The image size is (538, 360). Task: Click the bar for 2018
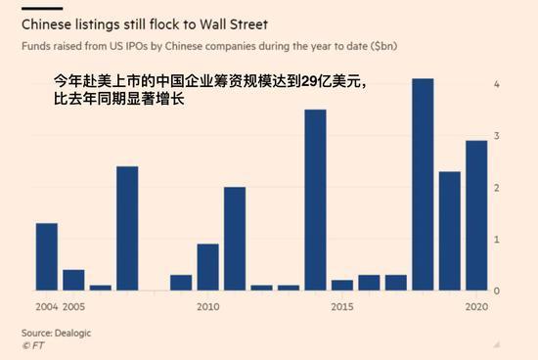click(423, 185)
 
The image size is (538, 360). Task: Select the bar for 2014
click(315, 200)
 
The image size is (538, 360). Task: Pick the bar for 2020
click(476, 215)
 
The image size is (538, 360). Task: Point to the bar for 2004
click(47, 256)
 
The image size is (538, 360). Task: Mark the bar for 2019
click(449, 231)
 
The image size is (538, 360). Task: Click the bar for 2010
click(207, 267)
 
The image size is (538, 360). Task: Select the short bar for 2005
click(73, 280)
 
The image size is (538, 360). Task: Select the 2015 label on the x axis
click(341, 306)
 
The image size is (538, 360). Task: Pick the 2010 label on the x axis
click(207, 306)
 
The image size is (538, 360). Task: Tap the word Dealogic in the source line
click(78, 333)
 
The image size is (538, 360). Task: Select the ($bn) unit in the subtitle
click(367, 46)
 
